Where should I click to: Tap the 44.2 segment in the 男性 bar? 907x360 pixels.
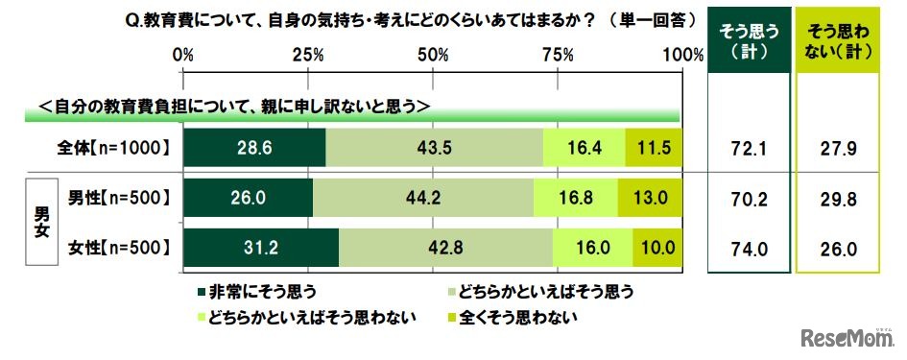coord(423,198)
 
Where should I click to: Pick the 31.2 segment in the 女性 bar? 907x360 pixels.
coord(261,248)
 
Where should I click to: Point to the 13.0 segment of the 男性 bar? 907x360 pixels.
coord(650,198)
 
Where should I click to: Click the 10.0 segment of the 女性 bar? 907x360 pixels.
coord(657,248)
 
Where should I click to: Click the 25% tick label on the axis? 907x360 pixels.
coord(307,56)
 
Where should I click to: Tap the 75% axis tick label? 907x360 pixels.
coord(558,56)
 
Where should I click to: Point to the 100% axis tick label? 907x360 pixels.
coord(682,56)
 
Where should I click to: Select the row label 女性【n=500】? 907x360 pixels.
coord(120,248)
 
